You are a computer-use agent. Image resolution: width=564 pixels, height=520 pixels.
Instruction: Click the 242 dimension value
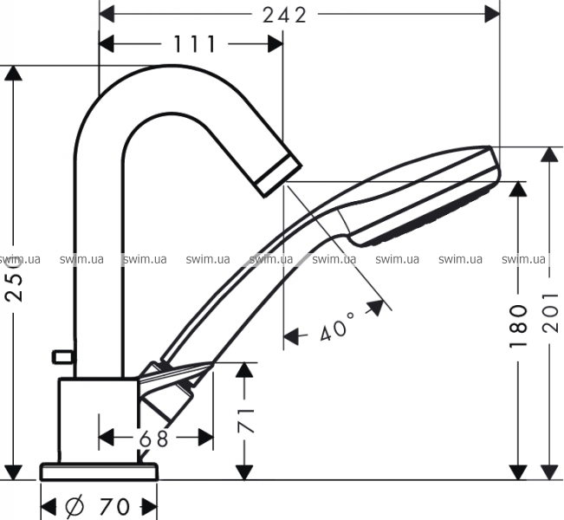(x=284, y=15)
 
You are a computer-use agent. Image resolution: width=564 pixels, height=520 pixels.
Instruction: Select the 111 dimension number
(x=195, y=44)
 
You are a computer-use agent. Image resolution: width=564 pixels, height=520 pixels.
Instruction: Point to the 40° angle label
(x=337, y=326)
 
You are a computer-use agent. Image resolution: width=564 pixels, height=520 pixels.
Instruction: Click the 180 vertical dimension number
(x=518, y=326)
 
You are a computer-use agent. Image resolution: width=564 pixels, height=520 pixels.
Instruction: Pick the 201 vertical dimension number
(x=550, y=312)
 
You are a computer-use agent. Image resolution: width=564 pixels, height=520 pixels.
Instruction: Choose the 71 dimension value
(x=246, y=420)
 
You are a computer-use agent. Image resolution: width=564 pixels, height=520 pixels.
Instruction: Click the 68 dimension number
(x=153, y=439)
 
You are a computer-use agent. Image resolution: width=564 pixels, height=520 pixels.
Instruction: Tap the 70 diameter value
(x=114, y=507)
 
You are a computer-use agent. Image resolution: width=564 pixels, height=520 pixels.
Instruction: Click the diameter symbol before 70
(x=75, y=506)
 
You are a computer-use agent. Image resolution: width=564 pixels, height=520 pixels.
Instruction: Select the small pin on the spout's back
(x=63, y=356)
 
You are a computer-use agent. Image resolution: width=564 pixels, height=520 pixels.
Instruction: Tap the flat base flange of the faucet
(x=99, y=471)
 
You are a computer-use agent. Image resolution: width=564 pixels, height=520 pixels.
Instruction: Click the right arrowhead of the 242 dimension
(x=492, y=15)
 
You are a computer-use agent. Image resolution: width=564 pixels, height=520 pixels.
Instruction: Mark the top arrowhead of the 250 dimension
(x=14, y=74)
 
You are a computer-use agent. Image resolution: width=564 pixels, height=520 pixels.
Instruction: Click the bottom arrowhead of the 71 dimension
(x=244, y=472)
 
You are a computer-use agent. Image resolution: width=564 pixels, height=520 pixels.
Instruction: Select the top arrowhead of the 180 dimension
(x=518, y=189)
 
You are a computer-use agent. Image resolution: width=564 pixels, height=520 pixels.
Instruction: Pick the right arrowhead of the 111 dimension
(x=276, y=44)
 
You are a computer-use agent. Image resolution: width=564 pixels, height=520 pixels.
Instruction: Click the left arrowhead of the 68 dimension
(x=107, y=438)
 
